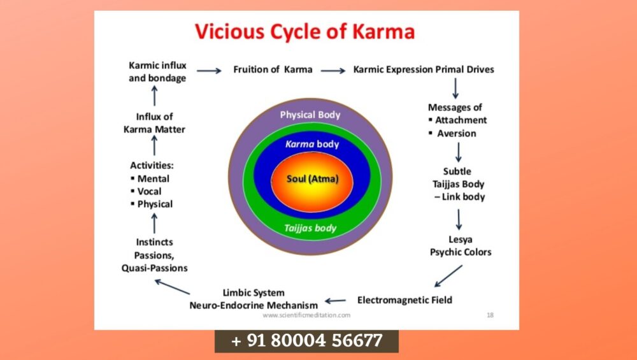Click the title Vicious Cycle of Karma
pos(304,31)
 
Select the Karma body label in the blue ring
pos(312,144)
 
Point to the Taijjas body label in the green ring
pos(311,227)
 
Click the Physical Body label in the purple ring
pos(310,115)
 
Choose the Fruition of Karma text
pos(273,69)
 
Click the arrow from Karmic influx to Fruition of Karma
pos(209,71)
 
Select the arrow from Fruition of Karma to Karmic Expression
pos(333,71)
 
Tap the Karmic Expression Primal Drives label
pos(424,69)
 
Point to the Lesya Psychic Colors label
pos(461,246)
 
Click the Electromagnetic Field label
pos(405,299)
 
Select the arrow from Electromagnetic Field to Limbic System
pos(335,301)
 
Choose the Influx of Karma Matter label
pos(154,122)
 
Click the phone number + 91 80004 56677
pos(306,341)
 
